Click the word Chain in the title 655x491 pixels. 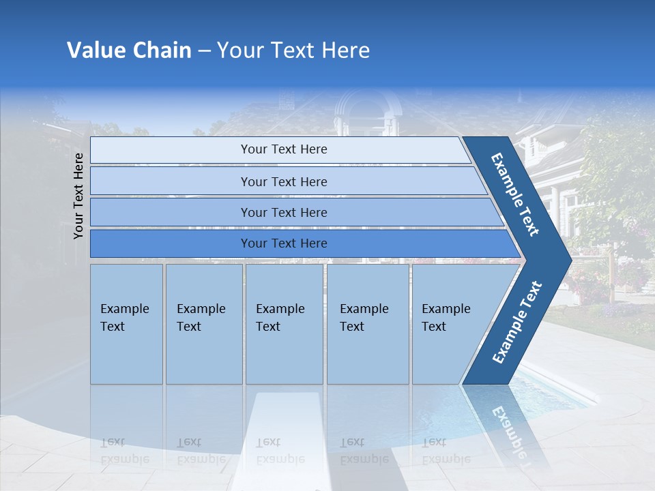pos(162,50)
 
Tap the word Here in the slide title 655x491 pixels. pos(345,50)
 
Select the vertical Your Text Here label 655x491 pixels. pos(78,196)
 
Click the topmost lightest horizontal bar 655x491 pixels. pos(283,149)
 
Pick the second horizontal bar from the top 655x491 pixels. pos(283,181)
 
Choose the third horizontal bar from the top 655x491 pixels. pos(283,212)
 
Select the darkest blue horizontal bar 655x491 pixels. pos(283,243)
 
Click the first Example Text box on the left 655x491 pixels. pos(126,324)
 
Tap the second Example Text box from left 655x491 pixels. pos(203,324)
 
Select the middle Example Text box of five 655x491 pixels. pos(283,324)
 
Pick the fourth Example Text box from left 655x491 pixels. pos(367,324)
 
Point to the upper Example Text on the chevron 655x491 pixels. pos(516,194)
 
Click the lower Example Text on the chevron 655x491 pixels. pos(516,322)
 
